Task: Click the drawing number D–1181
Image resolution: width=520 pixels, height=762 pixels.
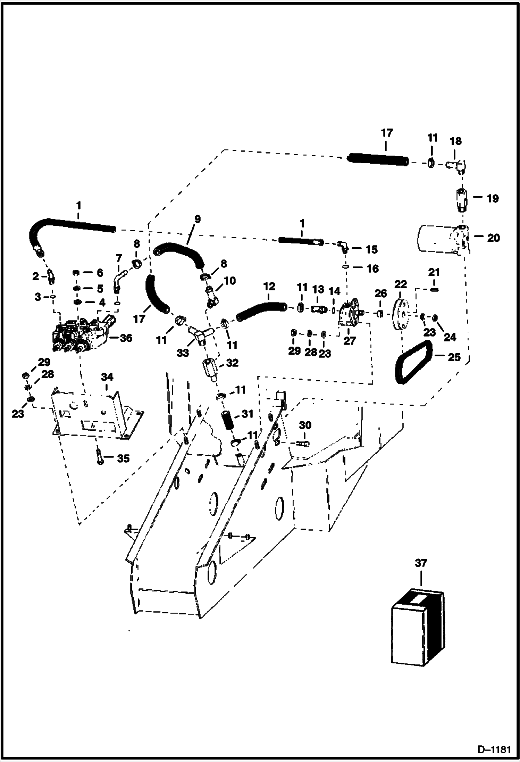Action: pyautogui.click(x=494, y=750)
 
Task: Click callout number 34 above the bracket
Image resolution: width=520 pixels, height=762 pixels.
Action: pyautogui.click(x=107, y=377)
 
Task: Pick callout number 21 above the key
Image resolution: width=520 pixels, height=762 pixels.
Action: pyautogui.click(x=434, y=272)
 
